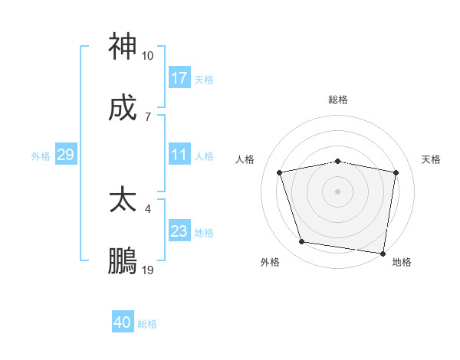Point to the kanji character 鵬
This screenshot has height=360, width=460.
[x=123, y=261]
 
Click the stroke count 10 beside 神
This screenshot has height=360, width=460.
[x=148, y=56]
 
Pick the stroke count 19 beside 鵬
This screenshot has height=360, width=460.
[x=148, y=270]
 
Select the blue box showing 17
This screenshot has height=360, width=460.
[x=179, y=78]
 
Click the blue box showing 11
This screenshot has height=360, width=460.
[x=179, y=155]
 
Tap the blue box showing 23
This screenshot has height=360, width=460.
[x=179, y=232]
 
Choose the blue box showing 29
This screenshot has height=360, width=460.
[x=65, y=155]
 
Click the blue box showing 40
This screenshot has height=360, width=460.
[x=123, y=323]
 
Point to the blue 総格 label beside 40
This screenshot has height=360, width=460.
[x=147, y=324]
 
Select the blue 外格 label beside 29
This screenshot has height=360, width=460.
[x=41, y=156]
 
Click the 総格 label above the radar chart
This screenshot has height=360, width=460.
[x=338, y=100]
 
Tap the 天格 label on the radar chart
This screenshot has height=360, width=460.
[x=432, y=159]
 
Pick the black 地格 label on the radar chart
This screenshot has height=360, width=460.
[x=402, y=262]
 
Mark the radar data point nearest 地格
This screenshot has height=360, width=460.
[x=383, y=253]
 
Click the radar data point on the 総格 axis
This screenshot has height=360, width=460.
[x=338, y=161]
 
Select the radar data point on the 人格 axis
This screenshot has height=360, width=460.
[x=280, y=172]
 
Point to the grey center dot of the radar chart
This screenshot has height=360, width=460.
[x=338, y=191]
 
